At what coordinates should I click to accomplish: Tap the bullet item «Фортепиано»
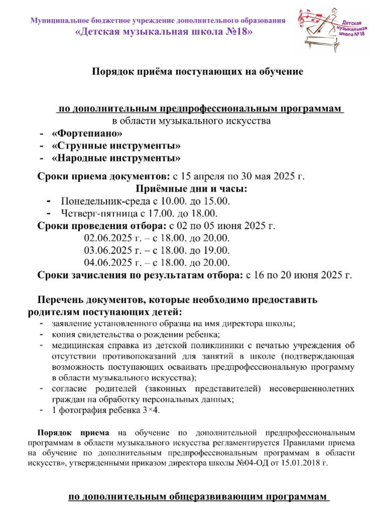(x=87, y=134)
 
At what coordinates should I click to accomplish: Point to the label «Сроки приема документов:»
(x=104, y=177)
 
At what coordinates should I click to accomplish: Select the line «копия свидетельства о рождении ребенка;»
(x=137, y=334)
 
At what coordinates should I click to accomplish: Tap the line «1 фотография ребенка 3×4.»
(x=106, y=410)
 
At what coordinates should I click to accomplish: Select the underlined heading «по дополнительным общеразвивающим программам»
(x=197, y=497)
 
